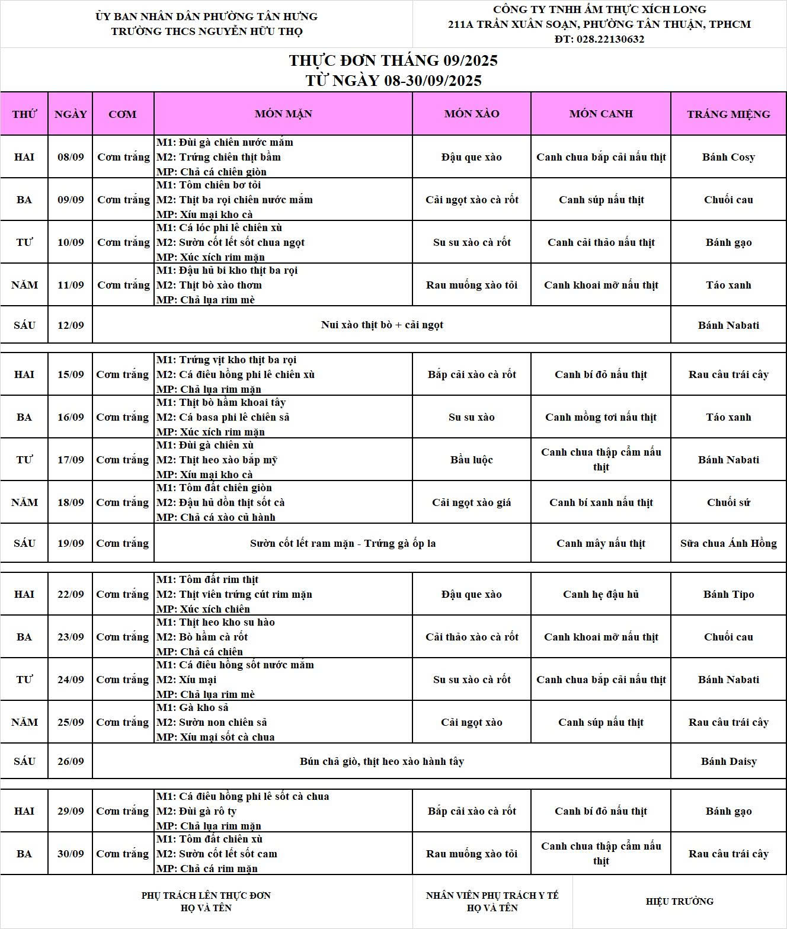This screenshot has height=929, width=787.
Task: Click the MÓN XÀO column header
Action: pos(472,114)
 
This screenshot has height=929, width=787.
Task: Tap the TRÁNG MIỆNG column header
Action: pos(728,114)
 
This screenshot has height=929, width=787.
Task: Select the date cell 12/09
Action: pos(71,325)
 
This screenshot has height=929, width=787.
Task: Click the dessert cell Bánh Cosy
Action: pos(728,157)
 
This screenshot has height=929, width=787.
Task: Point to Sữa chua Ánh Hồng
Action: pos(728,543)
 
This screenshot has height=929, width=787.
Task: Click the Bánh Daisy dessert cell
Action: pos(728,761)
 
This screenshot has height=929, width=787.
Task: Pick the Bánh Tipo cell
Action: pos(728,594)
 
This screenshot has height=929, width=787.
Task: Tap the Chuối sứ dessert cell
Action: pos(728,502)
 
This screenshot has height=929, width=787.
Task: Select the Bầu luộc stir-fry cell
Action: pos(472,460)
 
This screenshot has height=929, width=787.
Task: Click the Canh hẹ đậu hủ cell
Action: pos(601,594)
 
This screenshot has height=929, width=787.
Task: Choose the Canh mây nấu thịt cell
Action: pos(601,543)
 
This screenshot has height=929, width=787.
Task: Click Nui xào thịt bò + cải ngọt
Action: pos(382,325)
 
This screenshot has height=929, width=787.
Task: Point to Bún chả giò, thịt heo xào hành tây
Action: pos(382,761)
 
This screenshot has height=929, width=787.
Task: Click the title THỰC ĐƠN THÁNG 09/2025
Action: pos(393,60)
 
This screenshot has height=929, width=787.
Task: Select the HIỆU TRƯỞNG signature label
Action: pos(679,901)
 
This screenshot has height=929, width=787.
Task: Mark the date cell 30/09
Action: pos(71,854)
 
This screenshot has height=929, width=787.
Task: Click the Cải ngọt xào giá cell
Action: pos(472,502)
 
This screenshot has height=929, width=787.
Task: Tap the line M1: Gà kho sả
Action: pos(193,707)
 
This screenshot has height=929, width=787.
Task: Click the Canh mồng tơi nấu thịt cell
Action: pos(601,417)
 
